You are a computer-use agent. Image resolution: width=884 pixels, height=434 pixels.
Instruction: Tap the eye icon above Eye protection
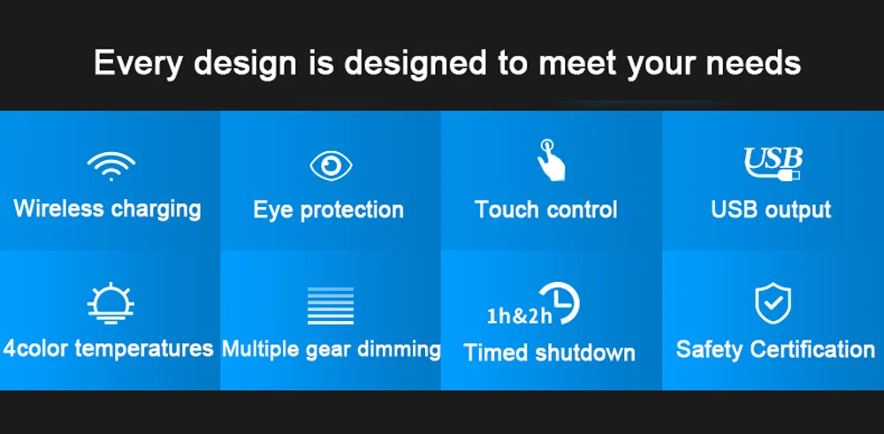pos(331,166)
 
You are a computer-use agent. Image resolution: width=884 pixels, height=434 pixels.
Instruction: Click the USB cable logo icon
pos(773,164)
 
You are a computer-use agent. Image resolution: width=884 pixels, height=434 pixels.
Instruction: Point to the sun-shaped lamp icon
pos(110,304)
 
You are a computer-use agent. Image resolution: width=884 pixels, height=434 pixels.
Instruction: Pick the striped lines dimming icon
pos(331,306)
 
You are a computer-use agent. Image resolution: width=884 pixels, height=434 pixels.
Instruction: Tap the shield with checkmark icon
pos(773,303)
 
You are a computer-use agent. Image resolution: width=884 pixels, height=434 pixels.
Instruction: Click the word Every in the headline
pos(138,63)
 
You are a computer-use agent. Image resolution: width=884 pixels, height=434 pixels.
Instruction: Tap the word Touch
pos(507,209)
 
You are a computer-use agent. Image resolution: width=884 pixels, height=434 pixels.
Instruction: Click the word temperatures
pos(144,349)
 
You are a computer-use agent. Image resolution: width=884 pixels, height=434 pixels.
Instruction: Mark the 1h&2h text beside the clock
pos(519,316)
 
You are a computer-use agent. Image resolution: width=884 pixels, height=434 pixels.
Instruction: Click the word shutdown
pos(585,353)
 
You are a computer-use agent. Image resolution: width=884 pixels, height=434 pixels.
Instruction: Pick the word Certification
pos(813,349)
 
